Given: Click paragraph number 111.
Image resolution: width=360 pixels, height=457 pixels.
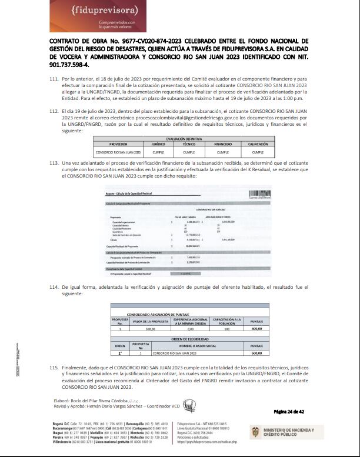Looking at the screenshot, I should click(x=54, y=78).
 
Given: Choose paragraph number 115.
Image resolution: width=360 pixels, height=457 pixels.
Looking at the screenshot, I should click(x=54, y=368).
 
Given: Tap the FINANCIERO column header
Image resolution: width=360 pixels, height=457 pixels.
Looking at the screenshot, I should click(x=223, y=143).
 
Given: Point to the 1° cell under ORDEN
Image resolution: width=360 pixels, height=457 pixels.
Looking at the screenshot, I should click(x=119, y=353).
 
